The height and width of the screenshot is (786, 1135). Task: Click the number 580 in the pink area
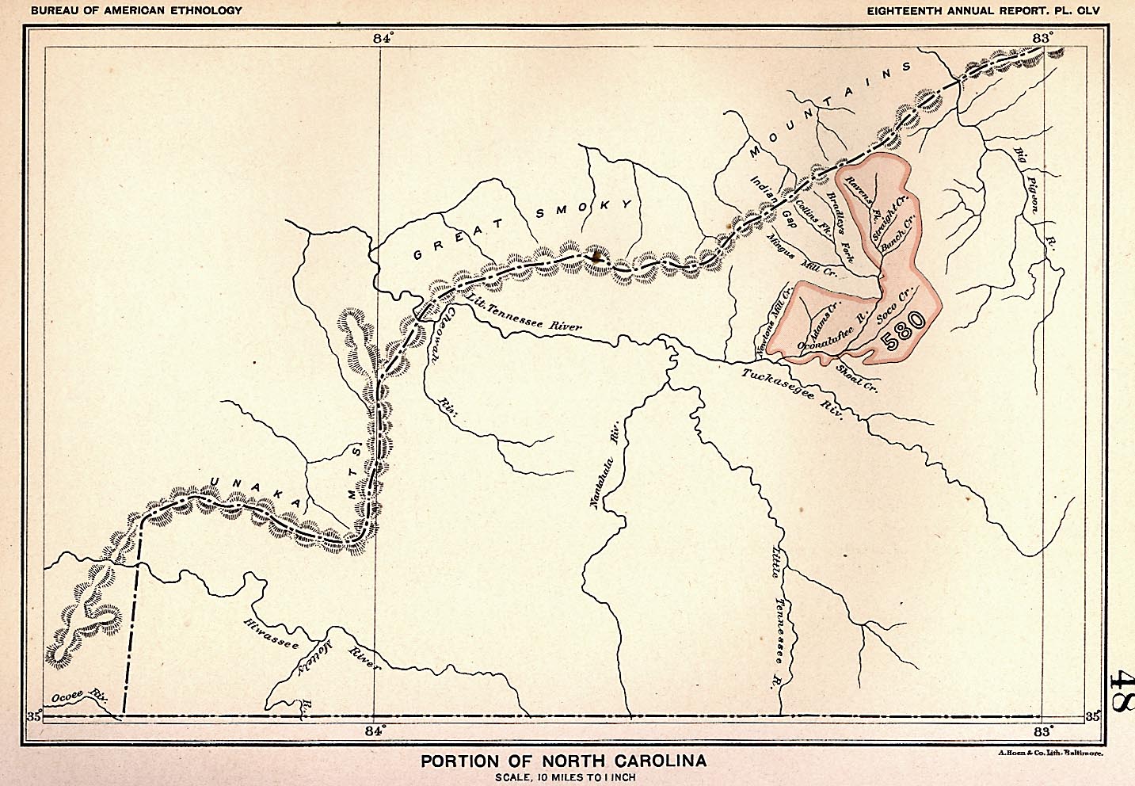coord(901,330)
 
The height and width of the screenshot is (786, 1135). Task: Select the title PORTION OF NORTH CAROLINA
coord(564,761)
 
